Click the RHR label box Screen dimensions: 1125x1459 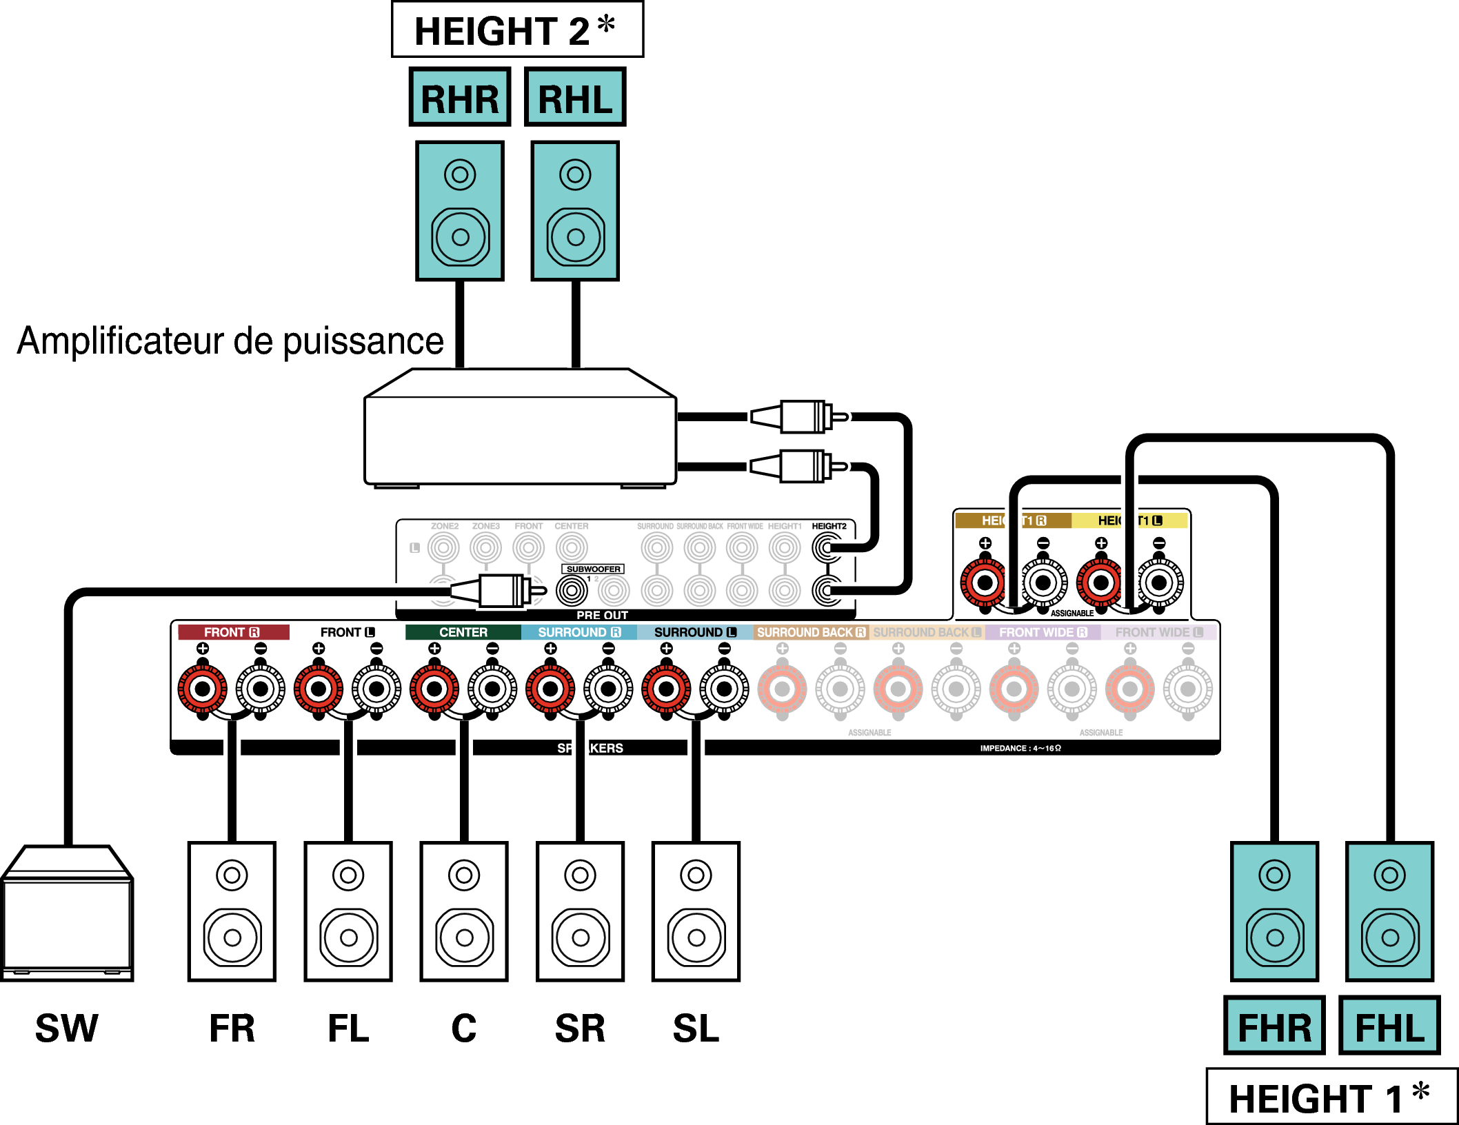click(x=460, y=97)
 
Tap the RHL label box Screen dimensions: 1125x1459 click(x=575, y=97)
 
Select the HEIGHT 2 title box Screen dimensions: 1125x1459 click(x=517, y=30)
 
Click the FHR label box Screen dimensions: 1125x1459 click(x=1274, y=1026)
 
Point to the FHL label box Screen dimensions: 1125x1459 click(x=1389, y=1026)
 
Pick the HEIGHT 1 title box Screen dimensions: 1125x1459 click(x=1331, y=1097)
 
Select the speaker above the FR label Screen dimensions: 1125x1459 click(x=232, y=911)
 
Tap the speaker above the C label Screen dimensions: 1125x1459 click(x=464, y=911)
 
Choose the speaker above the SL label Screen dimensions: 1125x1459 click(x=696, y=911)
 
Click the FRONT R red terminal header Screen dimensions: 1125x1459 click(x=233, y=632)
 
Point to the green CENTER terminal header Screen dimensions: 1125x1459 click(x=463, y=632)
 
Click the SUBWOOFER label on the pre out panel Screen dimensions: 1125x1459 click(x=593, y=569)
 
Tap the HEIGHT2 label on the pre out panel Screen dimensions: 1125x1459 click(x=829, y=526)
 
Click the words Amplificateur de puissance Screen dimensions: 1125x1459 click(x=230, y=341)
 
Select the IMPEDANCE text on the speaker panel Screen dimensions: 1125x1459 click(x=1020, y=748)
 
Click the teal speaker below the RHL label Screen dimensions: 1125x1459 click(x=575, y=211)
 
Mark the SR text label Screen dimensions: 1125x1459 click(x=580, y=1028)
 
